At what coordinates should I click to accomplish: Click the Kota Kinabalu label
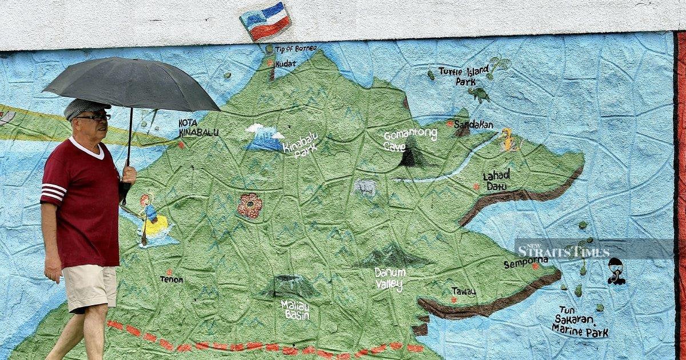pos(198,128)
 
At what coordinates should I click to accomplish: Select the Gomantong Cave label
pos(409,139)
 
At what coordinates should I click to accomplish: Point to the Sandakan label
pos(473,125)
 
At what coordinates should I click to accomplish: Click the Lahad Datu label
pos(496,179)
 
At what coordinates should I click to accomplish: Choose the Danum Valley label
pos(390,278)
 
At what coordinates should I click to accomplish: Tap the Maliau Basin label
pos(296,310)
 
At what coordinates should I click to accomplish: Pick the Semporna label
pos(525,263)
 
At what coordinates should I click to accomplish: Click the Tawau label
pos(464,291)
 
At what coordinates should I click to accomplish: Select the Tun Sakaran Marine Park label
pos(579,322)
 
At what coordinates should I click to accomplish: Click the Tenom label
pos(171,279)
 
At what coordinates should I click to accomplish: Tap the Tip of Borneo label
pos(296,49)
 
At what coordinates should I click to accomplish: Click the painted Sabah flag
pos(265,21)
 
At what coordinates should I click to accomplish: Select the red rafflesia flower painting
pos(250,206)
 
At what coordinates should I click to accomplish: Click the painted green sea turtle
pos(478,94)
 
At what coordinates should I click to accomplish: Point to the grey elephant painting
pos(365,187)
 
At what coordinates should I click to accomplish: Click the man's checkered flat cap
pos(85,107)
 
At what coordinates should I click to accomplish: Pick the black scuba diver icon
pos(616,271)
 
